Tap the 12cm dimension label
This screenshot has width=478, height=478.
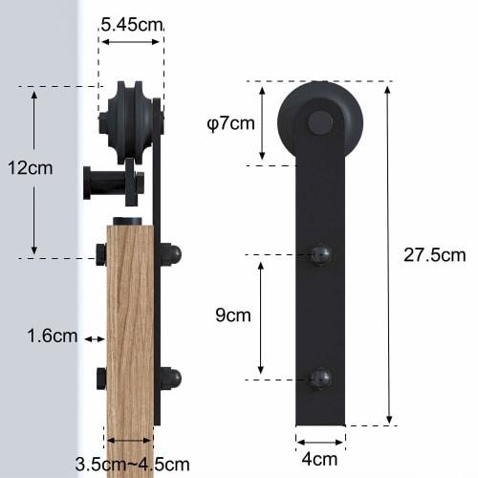click(x=31, y=168)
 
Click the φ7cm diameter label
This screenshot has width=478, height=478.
click(x=231, y=122)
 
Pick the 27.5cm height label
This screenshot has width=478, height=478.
click(x=434, y=255)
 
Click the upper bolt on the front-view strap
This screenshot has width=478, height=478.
click(x=320, y=255)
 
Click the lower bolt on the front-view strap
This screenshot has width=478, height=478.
click(x=320, y=379)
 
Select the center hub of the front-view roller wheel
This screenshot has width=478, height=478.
click(x=320, y=122)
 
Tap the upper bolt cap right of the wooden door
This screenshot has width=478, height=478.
click(x=171, y=256)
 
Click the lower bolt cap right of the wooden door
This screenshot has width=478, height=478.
click(x=171, y=379)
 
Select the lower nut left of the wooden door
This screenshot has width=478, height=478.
click(x=99, y=379)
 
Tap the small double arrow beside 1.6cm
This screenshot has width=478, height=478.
click(x=95, y=338)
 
